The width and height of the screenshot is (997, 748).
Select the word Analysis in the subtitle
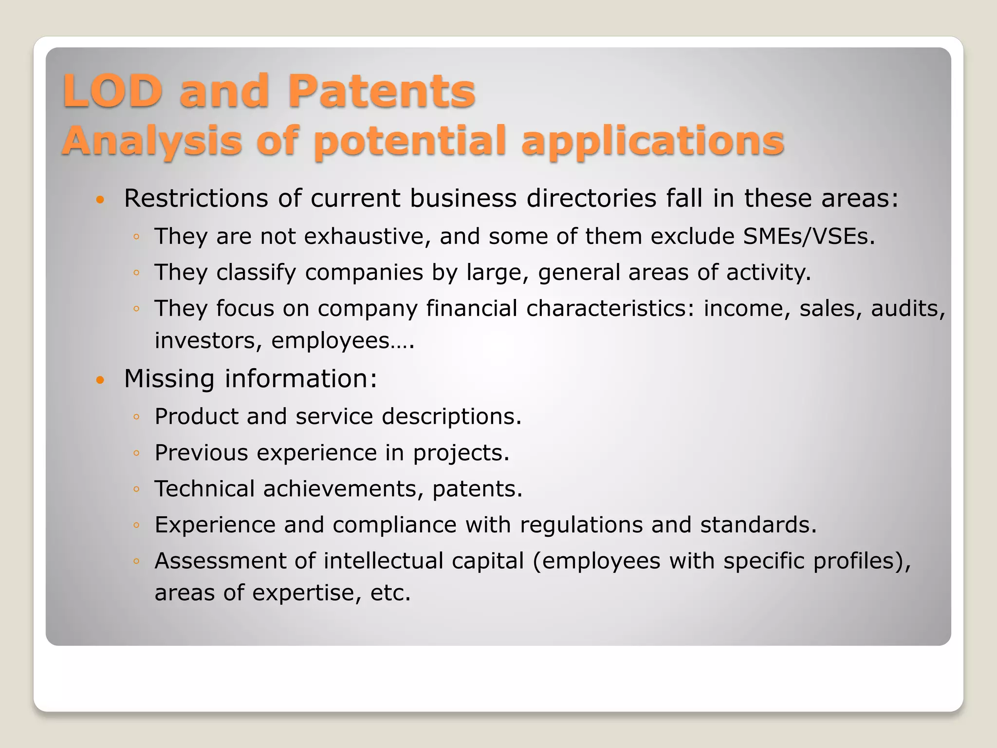tap(152, 141)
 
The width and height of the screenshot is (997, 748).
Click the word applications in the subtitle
tap(652, 141)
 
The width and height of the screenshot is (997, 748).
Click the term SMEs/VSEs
tap(809, 236)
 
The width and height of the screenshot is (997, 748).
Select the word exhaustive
tap(346, 236)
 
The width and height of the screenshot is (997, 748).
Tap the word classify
tap(256, 272)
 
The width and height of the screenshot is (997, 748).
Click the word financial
tap(471, 308)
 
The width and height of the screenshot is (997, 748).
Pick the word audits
tap(907, 308)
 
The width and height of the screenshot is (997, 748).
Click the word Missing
tap(169, 378)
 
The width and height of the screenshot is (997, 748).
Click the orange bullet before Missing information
tap(100, 380)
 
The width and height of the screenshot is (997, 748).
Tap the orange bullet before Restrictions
tap(100, 200)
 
